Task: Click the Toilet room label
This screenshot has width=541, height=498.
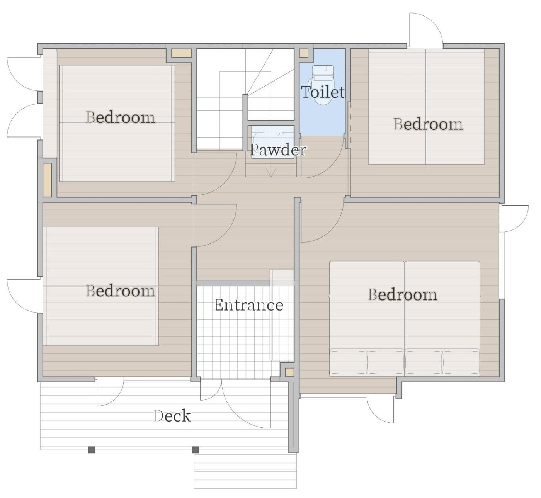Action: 323,92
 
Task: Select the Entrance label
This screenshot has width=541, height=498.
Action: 248,305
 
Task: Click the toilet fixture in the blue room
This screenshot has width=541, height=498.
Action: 323,85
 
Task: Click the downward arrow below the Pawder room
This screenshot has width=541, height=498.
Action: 271,172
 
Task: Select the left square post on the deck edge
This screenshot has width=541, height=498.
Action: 92,450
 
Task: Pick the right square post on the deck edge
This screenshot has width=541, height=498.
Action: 195,450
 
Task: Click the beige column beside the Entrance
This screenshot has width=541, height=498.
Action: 289,372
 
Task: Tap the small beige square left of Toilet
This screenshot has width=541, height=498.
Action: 304,53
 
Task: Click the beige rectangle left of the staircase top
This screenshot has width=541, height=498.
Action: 181,53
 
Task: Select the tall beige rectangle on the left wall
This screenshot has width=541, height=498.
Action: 47,180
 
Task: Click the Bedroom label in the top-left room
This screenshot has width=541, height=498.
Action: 121,117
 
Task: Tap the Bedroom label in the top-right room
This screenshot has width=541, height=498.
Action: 428,124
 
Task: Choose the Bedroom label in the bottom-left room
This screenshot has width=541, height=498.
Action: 121,291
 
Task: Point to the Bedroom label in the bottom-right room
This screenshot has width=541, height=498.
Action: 403,294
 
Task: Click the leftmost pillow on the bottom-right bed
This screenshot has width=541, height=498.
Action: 348,362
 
